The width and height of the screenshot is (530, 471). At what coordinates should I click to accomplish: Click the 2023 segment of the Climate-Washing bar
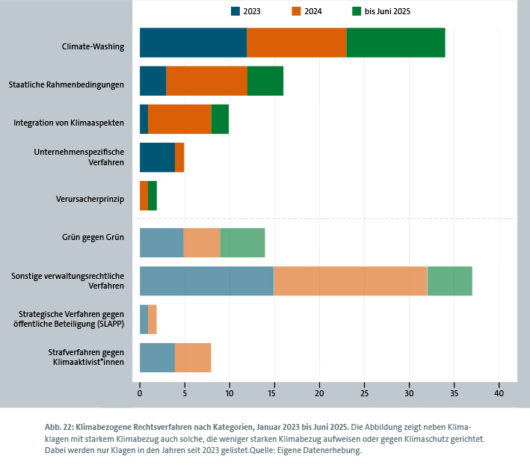coord(193,43)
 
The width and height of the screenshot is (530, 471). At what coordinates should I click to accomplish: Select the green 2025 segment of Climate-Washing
coord(395,43)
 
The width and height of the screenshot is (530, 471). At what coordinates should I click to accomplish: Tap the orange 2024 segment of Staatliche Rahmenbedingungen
coord(206,81)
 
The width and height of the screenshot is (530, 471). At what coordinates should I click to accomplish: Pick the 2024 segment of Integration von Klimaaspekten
coord(179,119)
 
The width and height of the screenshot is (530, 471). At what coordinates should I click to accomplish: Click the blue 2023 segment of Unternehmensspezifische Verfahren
coord(157,157)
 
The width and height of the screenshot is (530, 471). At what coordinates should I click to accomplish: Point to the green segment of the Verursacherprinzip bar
coord(152,196)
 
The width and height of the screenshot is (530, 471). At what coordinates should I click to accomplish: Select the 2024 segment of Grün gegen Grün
coord(202,242)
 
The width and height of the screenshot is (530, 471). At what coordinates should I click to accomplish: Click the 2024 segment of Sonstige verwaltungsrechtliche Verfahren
coord(350,280)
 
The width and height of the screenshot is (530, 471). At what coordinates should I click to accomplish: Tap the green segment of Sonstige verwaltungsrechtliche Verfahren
coord(449,280)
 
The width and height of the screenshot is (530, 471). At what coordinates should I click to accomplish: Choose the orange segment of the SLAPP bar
coord(152,319)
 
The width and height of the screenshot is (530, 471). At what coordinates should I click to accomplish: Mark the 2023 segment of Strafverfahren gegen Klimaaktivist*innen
coord(157,357)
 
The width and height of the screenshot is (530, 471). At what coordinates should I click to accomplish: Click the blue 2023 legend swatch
coord(236,11)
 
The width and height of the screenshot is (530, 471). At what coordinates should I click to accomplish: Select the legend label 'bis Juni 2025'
coord(387,11)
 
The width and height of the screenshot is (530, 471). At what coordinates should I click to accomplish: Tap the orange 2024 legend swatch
coord(296,11)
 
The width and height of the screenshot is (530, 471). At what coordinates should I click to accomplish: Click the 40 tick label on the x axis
coord(499,392)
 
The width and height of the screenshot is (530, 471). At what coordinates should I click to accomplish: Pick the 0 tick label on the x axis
coord(140,392)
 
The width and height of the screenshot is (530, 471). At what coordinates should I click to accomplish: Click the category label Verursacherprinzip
coord(90,200)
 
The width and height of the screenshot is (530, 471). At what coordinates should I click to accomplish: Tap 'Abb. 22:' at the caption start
coord(60,425)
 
